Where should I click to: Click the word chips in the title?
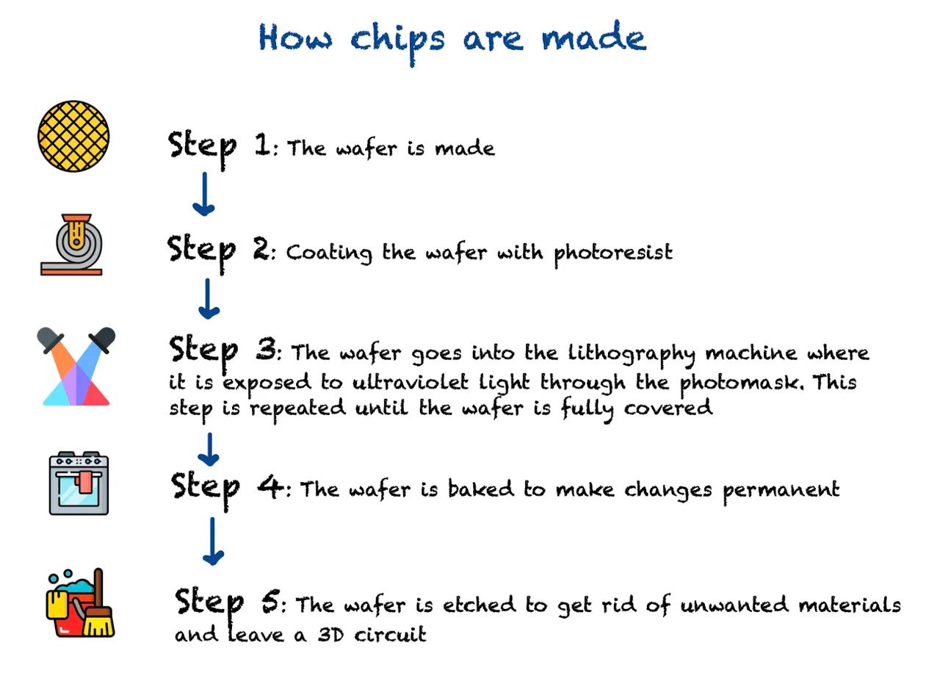pos(397,42)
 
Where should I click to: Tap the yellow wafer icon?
pos(73,136)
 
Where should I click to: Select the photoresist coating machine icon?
pos(71,245)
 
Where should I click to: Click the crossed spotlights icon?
pos(76,366)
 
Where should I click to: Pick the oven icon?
pos(79,483)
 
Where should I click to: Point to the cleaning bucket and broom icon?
pos(80,603)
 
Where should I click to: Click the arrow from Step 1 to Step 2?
pos(204,194)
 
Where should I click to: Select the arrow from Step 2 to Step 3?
pos(209,298)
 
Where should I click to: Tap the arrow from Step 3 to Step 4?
pos(209,449)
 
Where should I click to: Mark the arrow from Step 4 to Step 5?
pos(213,541)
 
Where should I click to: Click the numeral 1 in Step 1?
pos(263,144)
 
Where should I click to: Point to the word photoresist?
pos(613,253)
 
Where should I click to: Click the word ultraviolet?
pos(410,381)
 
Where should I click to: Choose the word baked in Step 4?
pos(481,489)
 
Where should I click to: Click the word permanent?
pos(781,492)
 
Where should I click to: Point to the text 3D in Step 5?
pos(330,634)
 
